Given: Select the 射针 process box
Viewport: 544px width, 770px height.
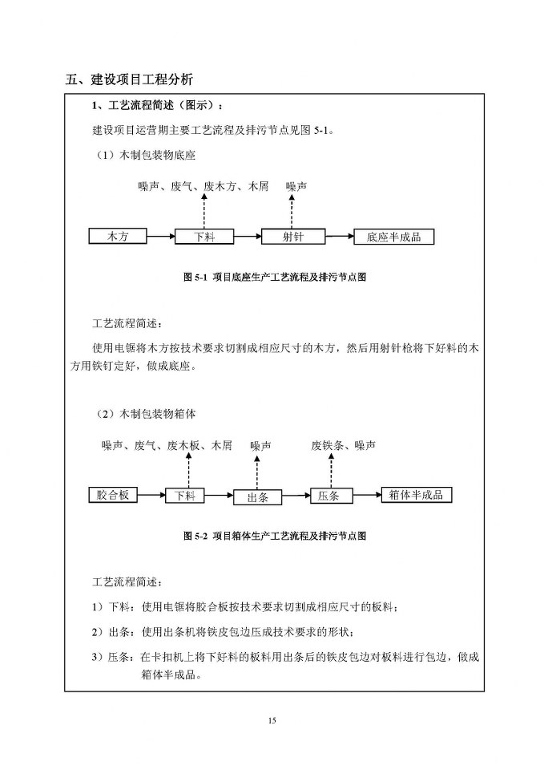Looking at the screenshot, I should click(292, 236).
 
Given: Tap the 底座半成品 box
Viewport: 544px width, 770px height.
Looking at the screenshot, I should click(394, 237).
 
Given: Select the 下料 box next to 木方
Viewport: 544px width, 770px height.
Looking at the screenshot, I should click(215, 237).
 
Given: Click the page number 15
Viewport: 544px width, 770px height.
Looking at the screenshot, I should click(272, 721).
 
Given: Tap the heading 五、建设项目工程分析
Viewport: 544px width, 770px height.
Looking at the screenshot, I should click(129, 79).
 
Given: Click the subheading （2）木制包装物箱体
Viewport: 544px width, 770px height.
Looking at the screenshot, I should click(145, 414).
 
